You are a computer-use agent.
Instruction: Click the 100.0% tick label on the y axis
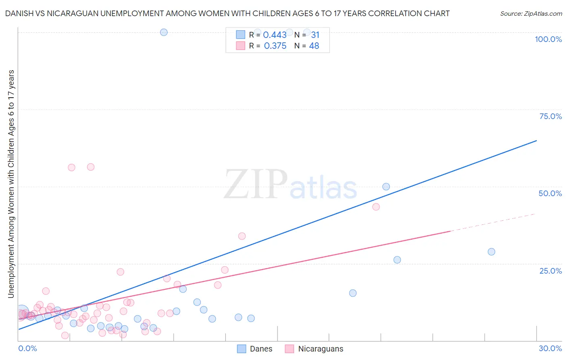coord(548,39)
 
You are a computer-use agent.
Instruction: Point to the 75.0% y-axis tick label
coord(550,116)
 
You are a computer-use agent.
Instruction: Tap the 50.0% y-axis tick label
coord(550,193)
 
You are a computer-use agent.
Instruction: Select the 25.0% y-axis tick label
coord(550,271)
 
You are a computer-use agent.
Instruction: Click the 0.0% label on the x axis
coord(27,348)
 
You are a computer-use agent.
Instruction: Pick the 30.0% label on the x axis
coord(550,348)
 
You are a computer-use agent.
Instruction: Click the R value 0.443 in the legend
coord(275,35)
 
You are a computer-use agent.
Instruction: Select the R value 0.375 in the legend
coord(275,46)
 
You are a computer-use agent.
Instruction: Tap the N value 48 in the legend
coord(314,46)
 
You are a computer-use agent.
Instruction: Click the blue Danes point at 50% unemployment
coord(386,186)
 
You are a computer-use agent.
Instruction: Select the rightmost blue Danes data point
coord(491,252)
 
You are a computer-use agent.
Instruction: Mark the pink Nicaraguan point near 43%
coord(376,207)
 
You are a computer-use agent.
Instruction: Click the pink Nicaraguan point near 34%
coord(242,236)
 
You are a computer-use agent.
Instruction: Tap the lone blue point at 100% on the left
coord(164,32)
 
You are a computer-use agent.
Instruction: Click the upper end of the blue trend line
coord(536,140)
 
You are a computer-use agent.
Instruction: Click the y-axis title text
coord(11,184)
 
